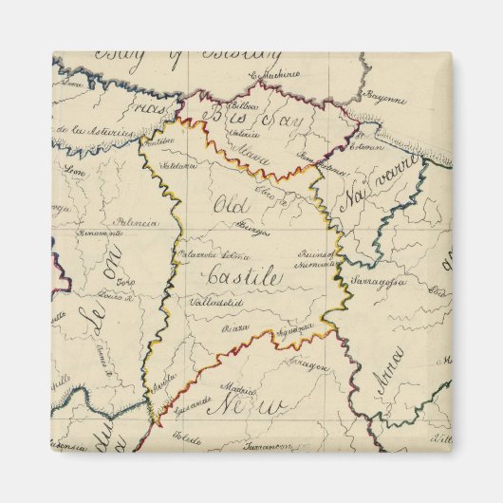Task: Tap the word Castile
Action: pos(243,279)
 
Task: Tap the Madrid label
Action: pos(238,387)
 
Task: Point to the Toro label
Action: pos(121,281)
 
